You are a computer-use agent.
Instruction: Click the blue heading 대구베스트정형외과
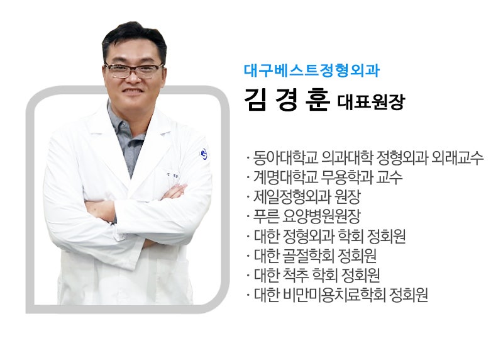[x=311, y=71]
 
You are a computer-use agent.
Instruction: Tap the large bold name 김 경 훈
[x=287, y=99]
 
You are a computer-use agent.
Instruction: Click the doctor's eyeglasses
[x=133, y=70]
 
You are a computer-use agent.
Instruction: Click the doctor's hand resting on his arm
[x=169, y=193]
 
